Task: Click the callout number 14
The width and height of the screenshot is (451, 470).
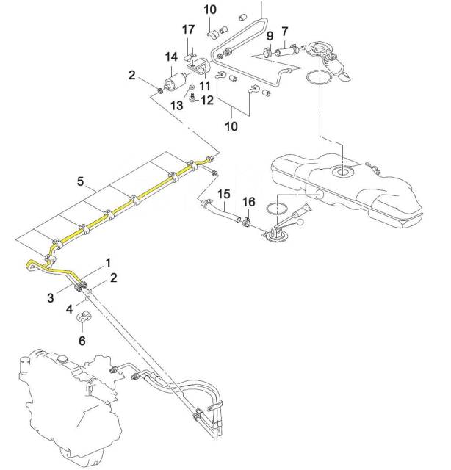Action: [172, 57]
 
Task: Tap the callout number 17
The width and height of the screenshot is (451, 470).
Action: [188, 29]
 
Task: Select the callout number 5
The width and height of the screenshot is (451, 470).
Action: [80, 181]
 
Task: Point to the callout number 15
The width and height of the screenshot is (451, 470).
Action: [224, 194]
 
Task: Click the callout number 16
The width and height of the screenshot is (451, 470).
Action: [249, 202]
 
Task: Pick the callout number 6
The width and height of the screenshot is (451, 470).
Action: [82, 341]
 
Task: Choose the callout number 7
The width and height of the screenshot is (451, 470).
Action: [284, 32]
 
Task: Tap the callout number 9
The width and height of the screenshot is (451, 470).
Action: [270, 36]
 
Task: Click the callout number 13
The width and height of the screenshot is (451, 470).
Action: [176, 105]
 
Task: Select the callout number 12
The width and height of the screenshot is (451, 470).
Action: [207, 100]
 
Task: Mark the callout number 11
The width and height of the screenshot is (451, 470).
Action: [205, 86]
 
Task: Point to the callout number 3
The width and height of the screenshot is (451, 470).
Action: [51, 298]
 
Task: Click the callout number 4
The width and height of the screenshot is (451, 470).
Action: [69, 308]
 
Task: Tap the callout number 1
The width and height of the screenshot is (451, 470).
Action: [108, 263]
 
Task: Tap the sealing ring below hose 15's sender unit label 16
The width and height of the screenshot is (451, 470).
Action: [275, 209]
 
